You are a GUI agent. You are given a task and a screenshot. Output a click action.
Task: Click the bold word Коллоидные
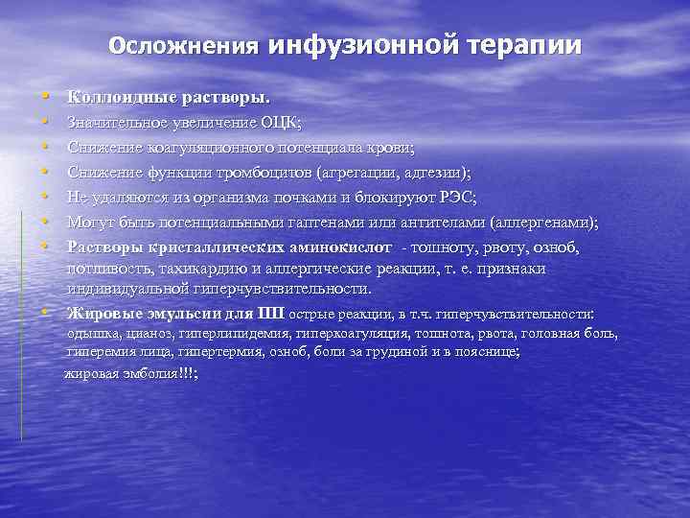(x=117, y=98)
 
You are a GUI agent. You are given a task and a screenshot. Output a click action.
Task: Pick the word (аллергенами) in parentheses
(x=543, y=223)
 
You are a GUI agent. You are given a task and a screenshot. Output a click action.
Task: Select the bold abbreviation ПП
(x=272, y=313)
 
